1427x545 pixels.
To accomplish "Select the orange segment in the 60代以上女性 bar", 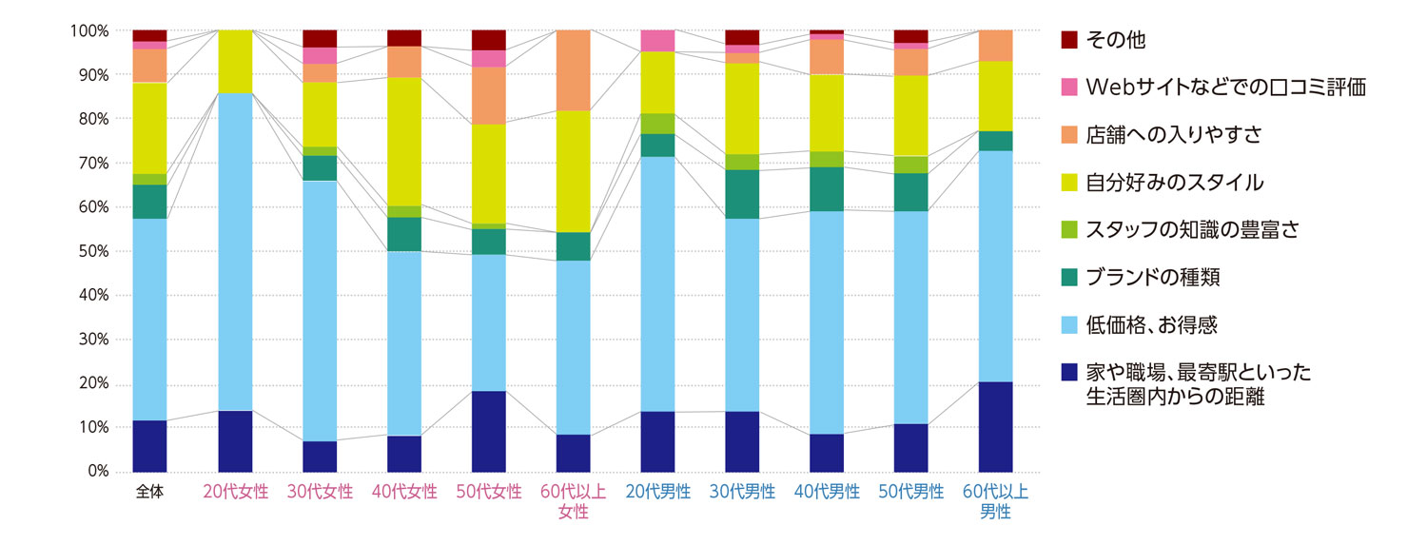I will coord(574,69).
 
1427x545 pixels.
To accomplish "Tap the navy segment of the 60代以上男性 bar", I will coord(996,426).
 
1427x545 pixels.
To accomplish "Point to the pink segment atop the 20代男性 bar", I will coord(657,40).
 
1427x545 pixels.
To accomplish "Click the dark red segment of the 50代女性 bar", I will coord(489,39).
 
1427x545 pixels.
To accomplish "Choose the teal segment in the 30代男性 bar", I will coord(742,194).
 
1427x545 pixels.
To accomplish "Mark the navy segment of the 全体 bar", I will coord(149,445).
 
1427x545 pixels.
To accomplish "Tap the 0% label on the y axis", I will coord(96,472).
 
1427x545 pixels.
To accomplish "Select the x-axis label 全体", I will coord(149,492).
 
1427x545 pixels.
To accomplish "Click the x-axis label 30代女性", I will coord(320,492).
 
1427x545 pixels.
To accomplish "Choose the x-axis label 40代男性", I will coord(827,492).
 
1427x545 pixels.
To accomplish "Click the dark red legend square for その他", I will coord(1069,39).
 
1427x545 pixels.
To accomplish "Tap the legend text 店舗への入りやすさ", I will coord(1174,134).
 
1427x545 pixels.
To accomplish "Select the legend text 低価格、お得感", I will coord(1151,325).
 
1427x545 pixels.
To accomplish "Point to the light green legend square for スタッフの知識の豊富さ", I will coord(1069,229).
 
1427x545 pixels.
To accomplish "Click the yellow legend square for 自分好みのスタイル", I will coord(1069,182).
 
